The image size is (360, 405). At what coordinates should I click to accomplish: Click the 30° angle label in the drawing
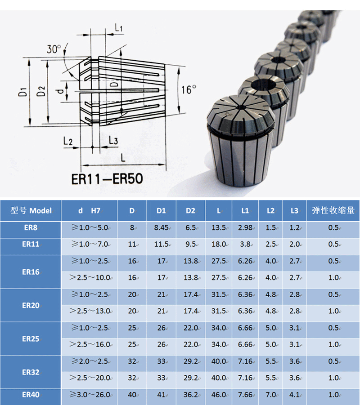coord(54,49)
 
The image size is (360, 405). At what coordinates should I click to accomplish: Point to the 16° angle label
coord(189,89)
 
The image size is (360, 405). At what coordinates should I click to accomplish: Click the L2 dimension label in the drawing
coord(68,141)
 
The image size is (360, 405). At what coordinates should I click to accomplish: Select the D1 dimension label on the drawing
coord(22,93)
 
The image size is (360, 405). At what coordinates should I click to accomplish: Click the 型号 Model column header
coord(31,210)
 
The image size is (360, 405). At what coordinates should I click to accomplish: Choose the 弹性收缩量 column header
coord(333,210)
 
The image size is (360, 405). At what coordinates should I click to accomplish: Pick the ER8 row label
coord(31,228)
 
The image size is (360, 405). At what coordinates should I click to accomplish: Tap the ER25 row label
coord(31,338)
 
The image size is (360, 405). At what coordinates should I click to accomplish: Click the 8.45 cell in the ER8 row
coord(161,228)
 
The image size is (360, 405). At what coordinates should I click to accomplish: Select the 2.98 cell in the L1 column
coord(245,228)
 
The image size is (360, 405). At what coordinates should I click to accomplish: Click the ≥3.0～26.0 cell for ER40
coord(89,395)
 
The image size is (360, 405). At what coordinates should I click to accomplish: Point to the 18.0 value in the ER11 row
coord(219,245)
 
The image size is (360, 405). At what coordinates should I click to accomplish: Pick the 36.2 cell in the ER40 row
coord(191,395)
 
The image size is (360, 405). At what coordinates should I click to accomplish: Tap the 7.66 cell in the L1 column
coord(245,395)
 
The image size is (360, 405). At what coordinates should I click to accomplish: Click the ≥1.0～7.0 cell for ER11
coord(89,245)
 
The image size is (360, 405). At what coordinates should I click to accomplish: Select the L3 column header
coord(294,210)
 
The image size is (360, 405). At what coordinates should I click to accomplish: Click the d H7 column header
coord(89,210)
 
